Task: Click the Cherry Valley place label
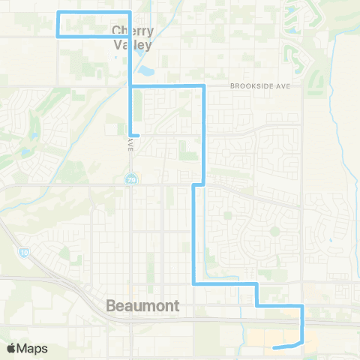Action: click(133, 38)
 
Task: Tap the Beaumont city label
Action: click(139, 306)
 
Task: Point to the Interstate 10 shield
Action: click(25, 253)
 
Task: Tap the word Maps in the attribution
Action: click(33, 348)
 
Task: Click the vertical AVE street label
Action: click(130, 148)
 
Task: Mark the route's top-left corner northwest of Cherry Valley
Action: click(58, 13)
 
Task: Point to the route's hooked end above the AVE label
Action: click(137, 135)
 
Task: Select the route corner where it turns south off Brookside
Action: click(204, 87)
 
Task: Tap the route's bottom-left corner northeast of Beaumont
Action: click(195, 283)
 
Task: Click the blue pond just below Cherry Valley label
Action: click(145, 73)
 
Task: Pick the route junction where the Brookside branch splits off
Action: click(131, 87)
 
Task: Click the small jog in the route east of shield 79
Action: click(199, 184)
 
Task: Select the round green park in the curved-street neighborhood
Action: click(274, 231)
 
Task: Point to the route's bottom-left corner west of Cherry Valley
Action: click(58, 35)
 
